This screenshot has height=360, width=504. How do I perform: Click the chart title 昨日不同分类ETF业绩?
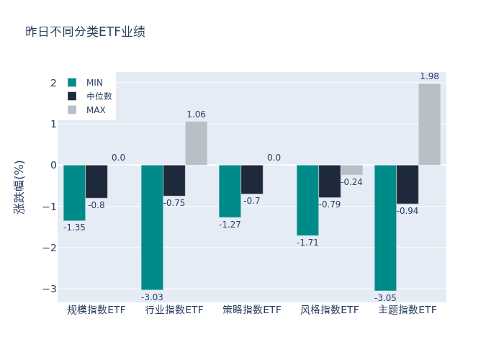pyautogui.click(x=85, y=32)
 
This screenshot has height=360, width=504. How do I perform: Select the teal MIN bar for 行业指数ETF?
pyautogui.click(x=152, y=227)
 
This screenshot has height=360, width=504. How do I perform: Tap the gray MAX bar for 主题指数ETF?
pyautogui.click(x=429, y=124)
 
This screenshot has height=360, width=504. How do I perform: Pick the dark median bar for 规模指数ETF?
pyautogui.click(x=96, y=181)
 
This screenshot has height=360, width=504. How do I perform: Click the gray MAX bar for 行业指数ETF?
pyautogui.click(x=196, y=143)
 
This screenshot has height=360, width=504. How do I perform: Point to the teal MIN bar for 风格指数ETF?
pyautogui.click(x=307, y=200)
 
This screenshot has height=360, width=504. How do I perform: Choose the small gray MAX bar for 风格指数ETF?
pyautogui.click(x=351, y=170)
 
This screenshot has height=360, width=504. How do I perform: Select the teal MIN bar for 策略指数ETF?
pyautogui.click(x=230, y=191)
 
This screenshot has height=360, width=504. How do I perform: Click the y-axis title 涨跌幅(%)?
pyautogui.click(x=19, y=187)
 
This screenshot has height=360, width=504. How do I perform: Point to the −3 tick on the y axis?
pyautogui.click(x=48, y=289)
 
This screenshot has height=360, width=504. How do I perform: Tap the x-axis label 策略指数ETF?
pyautogui.click(x=252, y=310)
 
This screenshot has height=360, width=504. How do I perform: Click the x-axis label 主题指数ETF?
pyautogui.click(x=408, y=310)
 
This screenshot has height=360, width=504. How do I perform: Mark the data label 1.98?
pyautogui.click(x=429, y=76)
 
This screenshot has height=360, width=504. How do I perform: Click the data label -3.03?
pyautogui.click(x=152, y=297)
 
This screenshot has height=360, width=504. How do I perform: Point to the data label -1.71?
pyautogui.click(x=307, y=243)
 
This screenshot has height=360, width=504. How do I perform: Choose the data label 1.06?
pyautogui.click(x=196, y=114)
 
